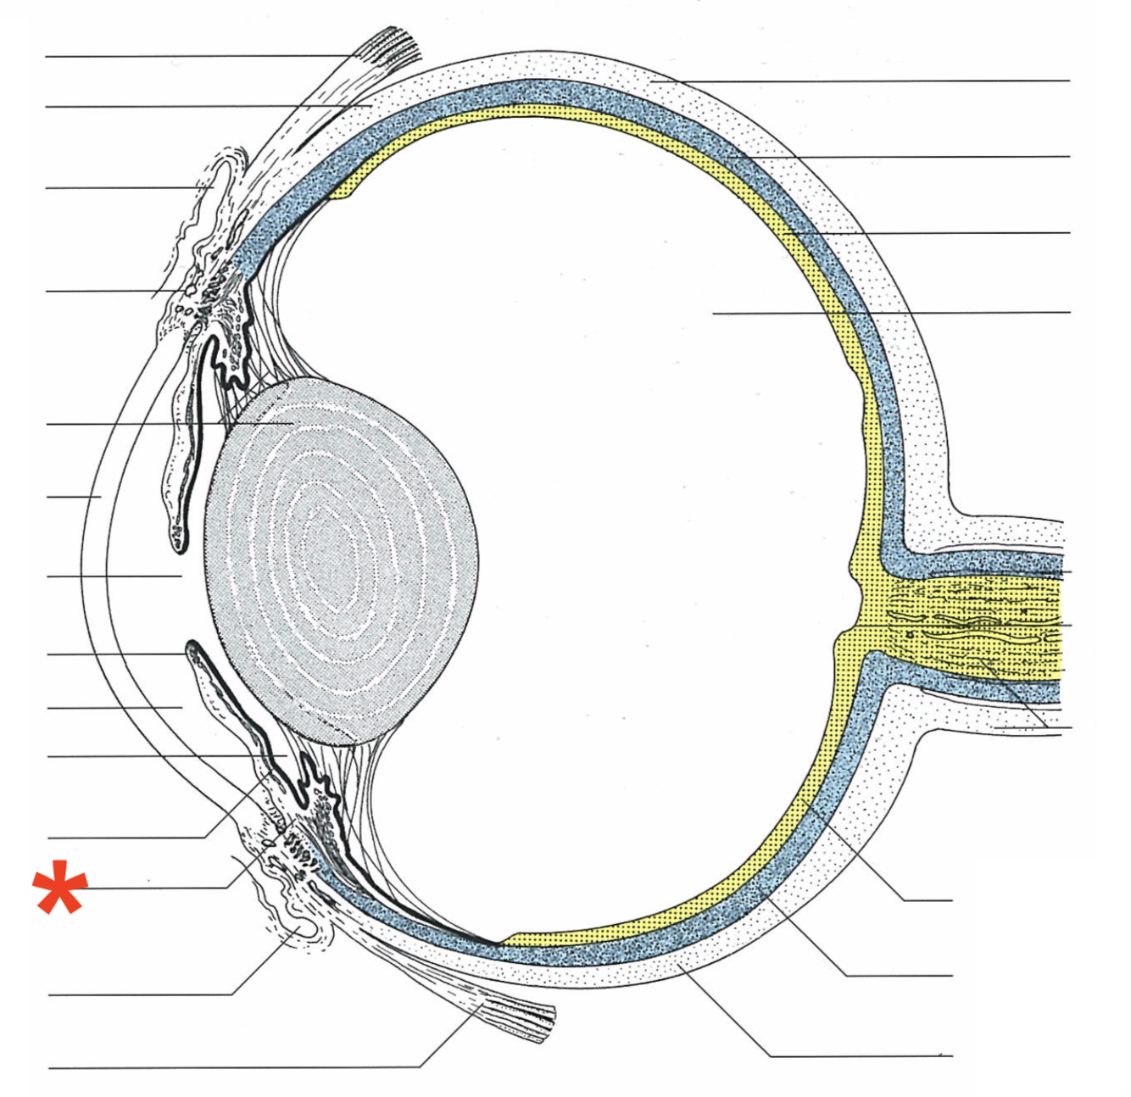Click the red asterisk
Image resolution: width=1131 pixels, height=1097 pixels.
(59, 888)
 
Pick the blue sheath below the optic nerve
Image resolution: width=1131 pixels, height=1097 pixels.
(975, 682)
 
